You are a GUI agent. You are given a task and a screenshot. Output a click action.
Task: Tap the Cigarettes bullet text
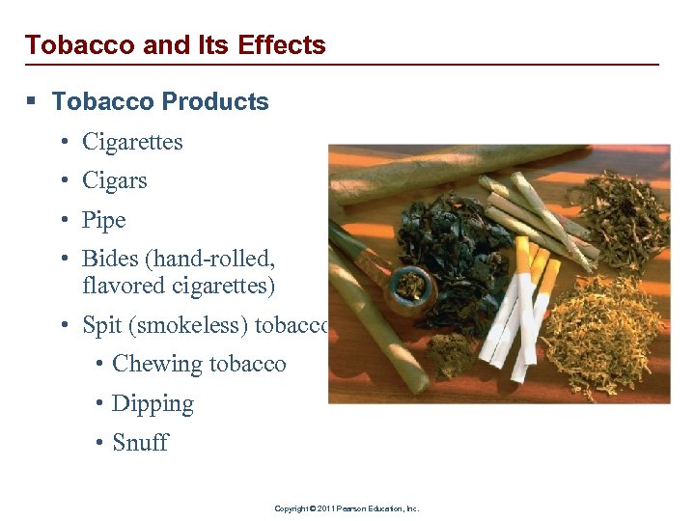(132, 142)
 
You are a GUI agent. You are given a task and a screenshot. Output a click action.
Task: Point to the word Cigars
(114, 180)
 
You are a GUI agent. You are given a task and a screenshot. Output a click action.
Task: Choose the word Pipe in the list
(104, 220)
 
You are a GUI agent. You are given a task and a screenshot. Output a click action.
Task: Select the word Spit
(101, 325)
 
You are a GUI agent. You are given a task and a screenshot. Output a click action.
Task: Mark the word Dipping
(153, 403)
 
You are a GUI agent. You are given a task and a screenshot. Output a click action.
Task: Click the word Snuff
(140, 443)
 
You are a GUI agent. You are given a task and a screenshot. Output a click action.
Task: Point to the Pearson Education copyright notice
(347, 508)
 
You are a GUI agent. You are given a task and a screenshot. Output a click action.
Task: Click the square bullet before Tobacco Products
(35, 102)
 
